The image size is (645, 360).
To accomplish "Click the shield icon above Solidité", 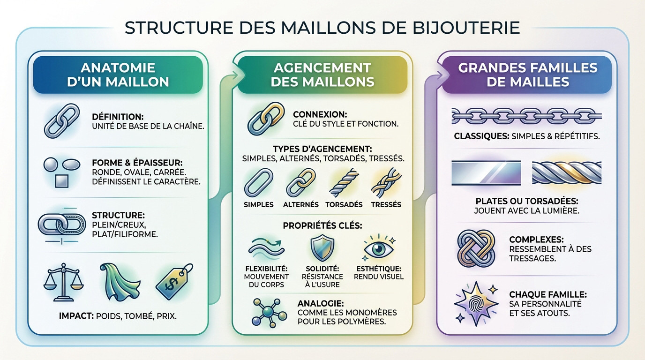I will tap(322, 248).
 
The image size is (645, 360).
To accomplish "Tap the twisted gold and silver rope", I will tap(567, 172).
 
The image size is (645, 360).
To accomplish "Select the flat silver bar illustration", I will tap(486, 172).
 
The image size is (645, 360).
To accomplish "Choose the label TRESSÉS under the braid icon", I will tap(386, 205).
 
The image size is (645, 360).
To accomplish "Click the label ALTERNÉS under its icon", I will tap(300, 205).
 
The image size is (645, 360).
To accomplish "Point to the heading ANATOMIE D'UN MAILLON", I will tap(118, 75).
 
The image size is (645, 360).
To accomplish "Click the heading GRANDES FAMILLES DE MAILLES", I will tap(527, 75).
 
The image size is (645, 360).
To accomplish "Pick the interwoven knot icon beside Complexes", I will tap(475, 247).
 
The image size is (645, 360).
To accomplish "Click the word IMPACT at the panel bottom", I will tap(77, 316).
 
